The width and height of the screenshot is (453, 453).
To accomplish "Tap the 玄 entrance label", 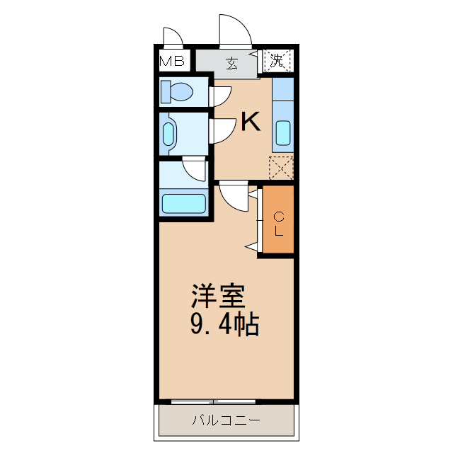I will pos(231,62).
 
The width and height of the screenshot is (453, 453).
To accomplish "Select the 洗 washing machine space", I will pos(277,60).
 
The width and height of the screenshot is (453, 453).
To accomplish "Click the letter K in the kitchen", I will pos(250,122).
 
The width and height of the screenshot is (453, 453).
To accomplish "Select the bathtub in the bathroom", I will pos(183,203).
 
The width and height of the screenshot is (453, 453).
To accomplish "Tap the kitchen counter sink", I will pos(282,132).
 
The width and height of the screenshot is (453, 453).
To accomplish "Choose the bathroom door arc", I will pos(194,170).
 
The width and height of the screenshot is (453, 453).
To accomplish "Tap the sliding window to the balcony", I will pos(212,401).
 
